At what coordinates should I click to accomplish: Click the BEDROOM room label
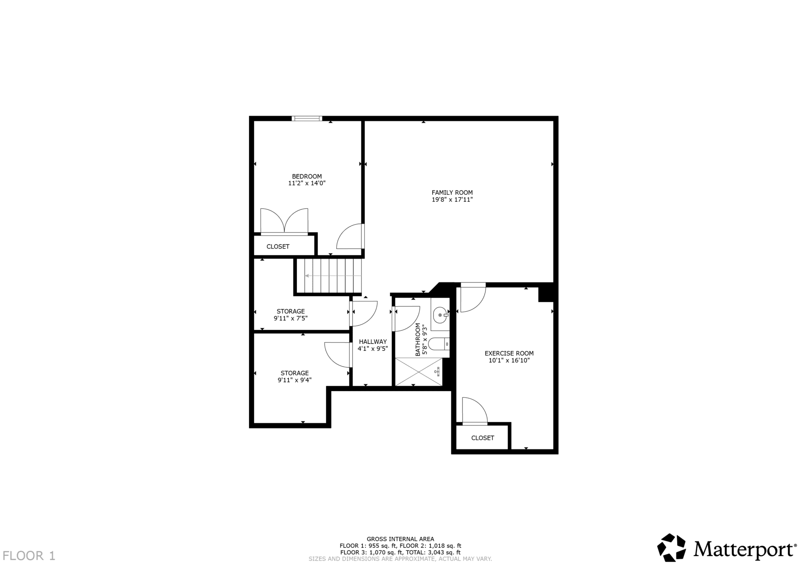tap(307, 176)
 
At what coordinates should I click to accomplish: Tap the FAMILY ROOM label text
tap(452, 193)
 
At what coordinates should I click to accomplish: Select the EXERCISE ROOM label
tap(509, 353)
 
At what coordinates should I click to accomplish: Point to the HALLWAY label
tap(373, 342)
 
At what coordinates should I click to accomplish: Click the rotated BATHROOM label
tap(418, 340)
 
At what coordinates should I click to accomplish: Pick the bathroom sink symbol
tap(440, 315)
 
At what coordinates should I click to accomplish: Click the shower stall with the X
tap(419, 371)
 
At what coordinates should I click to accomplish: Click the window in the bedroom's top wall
tap(307, 118)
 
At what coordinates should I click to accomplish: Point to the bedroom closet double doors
tap(284, 220)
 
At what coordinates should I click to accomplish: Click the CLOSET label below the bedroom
tap(278, 246)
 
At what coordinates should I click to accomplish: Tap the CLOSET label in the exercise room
tap(483, 438)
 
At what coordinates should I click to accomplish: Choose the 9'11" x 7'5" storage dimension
tap(290, 318)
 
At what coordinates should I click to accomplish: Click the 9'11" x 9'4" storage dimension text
tap(295, 380)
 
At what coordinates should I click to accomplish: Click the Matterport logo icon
tap(671, 547)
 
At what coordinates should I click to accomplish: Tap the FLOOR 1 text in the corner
tap(29, 556)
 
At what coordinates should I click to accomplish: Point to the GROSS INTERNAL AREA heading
tap(400, 539)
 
